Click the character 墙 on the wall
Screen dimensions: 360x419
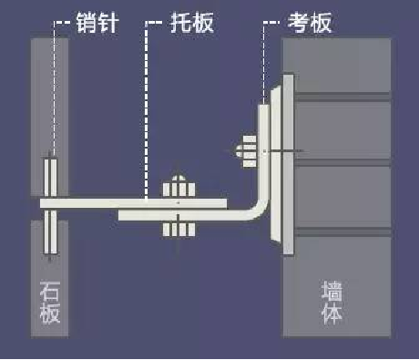pos(333,291)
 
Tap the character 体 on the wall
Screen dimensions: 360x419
pos(333,314)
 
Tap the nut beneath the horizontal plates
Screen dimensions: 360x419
pos(178,229)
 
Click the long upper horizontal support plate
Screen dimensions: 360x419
pos(137,201)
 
